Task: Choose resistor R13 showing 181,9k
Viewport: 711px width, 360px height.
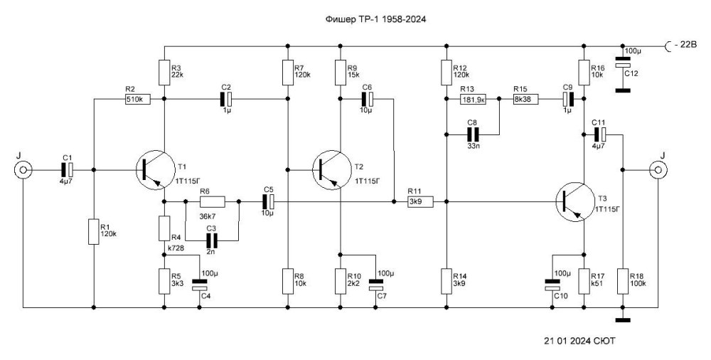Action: (472, 100)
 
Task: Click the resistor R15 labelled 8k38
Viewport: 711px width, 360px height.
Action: (526, 100)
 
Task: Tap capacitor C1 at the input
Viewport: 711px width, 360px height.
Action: (67, 170)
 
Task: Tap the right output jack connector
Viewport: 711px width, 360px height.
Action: (656, 170)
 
